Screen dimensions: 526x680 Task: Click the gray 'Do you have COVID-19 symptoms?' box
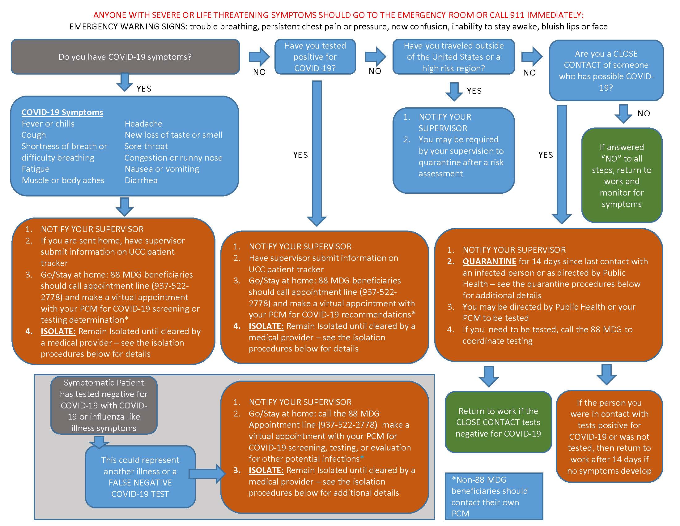tap(125, 57)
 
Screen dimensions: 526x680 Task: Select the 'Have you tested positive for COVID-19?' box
tap(315, 57)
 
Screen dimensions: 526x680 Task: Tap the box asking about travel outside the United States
tap(453, 57)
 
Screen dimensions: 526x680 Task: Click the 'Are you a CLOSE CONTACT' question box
tap(606, 71)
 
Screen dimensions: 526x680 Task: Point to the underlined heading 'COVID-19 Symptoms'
tap(62, 112)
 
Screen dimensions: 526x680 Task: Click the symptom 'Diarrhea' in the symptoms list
tap(141, 180)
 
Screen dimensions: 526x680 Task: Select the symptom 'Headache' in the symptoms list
tap(143, 124)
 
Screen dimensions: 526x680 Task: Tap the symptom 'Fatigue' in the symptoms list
tap(36, 169)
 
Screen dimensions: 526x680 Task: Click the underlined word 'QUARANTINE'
tap(489, 261)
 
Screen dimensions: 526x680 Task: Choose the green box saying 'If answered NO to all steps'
tap(622, 175)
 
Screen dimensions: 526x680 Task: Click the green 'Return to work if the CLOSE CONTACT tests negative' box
tap(498, 422)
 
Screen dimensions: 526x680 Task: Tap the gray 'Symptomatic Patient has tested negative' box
tap(104, 405)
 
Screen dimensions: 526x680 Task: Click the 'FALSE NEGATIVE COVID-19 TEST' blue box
tap(140, 477)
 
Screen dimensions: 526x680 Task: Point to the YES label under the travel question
tap(474, 91)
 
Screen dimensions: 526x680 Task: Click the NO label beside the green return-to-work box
tap(644, 114)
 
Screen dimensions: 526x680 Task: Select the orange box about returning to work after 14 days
tap(609, 436)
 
